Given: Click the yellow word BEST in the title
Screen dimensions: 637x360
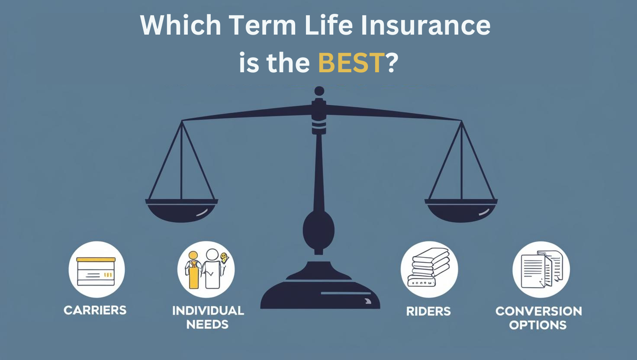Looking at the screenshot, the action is click(351, 63).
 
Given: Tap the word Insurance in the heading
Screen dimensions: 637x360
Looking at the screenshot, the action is click(425, 25).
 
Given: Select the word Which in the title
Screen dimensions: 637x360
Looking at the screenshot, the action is click(180, 25).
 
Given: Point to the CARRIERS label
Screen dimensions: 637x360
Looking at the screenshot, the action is click(95, 310).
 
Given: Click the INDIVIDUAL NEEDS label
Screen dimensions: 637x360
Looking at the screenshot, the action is click(208, 317).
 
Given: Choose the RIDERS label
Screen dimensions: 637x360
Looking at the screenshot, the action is click(428, 311).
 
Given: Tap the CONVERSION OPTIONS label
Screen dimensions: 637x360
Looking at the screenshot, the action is click(538, 318).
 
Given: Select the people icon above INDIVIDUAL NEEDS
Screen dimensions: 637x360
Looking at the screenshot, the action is click(206, 269).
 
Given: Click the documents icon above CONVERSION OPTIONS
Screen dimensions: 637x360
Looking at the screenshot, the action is click(541, 269).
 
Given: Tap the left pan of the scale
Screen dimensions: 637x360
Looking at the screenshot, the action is click(181, 210).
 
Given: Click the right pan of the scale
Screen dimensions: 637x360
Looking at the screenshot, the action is click(461, 210).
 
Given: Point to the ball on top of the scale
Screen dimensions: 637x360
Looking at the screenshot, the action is click(319, 91).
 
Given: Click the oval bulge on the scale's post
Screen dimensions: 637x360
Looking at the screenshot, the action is click(318, 230).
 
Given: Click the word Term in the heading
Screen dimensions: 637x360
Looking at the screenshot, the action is click(262, 25).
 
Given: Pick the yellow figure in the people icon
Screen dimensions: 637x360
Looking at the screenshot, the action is click(193, 270).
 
